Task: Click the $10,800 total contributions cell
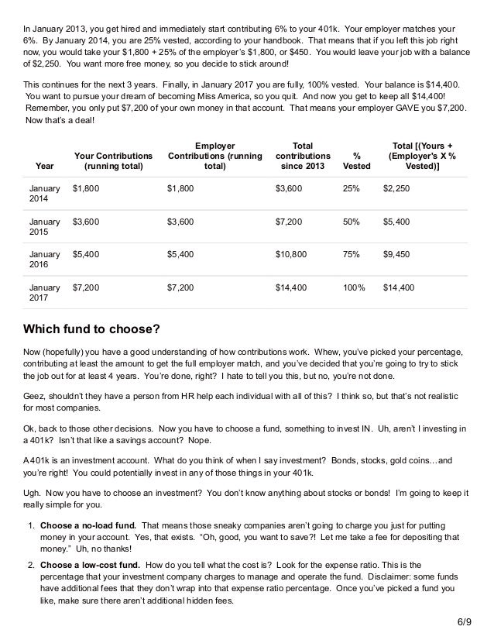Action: click(x=291, y=253)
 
